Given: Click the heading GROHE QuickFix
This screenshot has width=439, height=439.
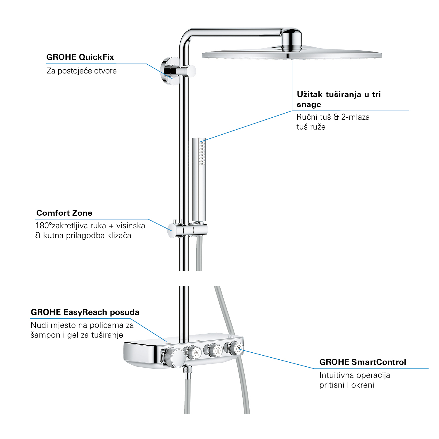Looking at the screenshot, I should point(80,57).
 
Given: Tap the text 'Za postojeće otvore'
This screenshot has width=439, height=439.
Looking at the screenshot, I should point(82,71).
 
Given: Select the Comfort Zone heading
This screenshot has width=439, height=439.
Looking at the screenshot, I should point(64,213).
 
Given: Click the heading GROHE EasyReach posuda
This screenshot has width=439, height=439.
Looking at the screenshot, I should point(85,312).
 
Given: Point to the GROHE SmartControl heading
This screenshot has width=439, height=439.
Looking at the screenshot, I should point(363,362).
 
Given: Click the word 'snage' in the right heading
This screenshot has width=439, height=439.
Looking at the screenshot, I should point(309,104).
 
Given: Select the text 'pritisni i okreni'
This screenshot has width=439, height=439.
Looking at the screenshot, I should point(347,385).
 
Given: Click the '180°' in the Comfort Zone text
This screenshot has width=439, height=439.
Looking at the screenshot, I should point(43,226).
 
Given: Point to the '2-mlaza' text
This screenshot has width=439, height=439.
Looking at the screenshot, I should point(355,117).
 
